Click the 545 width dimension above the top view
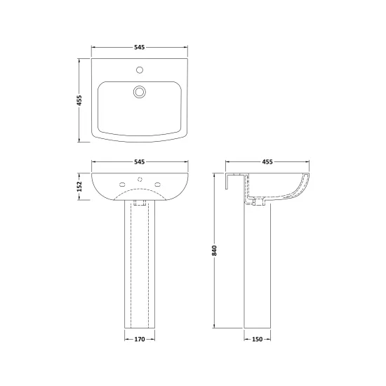pos(140,47)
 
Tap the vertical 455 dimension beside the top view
pos(79,100)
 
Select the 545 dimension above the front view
pos(140,161)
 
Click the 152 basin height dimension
pos(79,187)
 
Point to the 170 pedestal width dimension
pos(140,339)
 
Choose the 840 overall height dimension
pos(215,251)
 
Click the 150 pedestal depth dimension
pos(258,339)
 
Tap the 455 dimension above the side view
pos(267,161)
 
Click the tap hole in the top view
pos(140,70)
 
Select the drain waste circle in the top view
pos(140,92)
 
